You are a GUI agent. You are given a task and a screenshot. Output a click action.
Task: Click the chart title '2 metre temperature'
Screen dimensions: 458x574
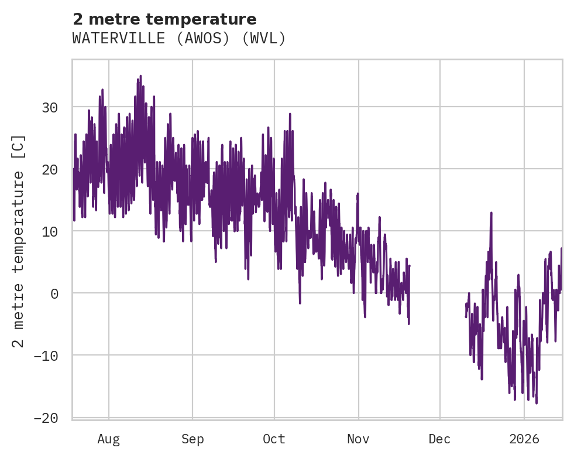164,19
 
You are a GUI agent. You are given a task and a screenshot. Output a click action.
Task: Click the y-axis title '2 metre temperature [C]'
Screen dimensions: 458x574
19,241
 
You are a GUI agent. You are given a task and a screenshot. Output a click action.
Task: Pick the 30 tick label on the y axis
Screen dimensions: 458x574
50,107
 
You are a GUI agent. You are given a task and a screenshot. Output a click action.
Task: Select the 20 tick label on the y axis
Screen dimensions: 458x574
50,169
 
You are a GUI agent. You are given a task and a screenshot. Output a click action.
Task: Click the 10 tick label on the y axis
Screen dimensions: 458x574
50,231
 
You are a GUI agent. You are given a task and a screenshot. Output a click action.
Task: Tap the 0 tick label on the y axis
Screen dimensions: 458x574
54,293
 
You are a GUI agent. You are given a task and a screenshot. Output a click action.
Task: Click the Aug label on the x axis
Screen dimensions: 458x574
109,439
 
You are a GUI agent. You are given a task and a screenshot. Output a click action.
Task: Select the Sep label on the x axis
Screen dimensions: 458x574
192,439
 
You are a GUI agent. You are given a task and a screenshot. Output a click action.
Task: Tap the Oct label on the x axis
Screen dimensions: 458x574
274,439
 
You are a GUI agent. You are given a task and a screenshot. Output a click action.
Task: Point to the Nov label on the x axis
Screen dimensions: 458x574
358,439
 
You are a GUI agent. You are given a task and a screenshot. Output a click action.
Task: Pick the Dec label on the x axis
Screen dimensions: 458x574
439,439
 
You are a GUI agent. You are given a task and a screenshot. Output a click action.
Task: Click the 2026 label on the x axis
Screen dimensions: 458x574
524,439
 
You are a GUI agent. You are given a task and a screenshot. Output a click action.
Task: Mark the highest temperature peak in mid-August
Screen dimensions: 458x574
140,76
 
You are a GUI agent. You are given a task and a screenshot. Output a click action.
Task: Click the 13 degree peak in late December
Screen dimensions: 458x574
491,213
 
